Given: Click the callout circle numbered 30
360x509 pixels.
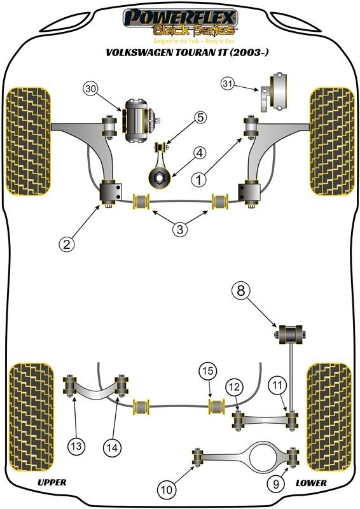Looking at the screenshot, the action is click(92, 89).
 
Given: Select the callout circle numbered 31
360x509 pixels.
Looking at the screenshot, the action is click(228, 84).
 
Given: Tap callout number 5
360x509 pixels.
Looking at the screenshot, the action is click(200, 117).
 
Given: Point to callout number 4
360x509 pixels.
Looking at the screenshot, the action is click(200, 152).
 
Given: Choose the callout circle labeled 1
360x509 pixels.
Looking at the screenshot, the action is click(199, 179).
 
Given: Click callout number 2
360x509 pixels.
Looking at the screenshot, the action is click(67, 244).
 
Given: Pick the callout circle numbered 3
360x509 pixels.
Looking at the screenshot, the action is click(180, 229).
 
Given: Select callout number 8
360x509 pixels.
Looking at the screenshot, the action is click(241, 290).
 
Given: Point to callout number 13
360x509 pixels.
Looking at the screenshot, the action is click(76, 446).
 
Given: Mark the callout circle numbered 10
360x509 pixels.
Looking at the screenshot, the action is click(166, 489).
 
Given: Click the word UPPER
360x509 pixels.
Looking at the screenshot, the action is click(52, 482).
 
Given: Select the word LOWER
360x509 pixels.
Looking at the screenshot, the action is click(311, 483).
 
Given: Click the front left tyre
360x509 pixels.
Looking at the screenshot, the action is click(28, 141).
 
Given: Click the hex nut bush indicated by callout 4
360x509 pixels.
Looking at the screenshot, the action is click(160, 178).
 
